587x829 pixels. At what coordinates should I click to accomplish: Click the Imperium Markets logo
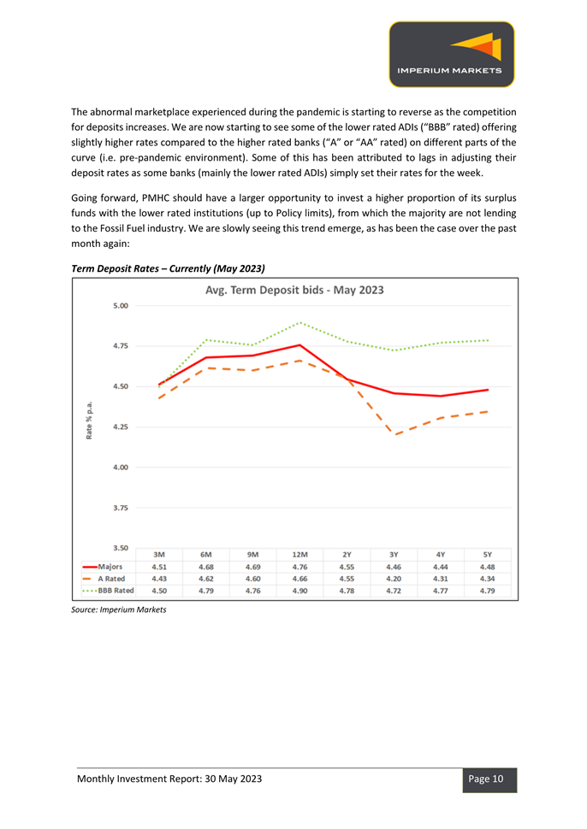452,54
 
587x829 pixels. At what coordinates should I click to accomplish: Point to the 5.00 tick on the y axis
121,306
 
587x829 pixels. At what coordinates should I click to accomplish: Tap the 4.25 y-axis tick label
121,426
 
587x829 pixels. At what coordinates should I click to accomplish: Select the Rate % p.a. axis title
89,420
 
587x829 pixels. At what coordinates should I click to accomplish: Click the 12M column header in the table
299,555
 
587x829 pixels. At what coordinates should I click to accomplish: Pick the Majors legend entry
103,567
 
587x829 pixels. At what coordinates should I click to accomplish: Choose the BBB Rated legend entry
109,591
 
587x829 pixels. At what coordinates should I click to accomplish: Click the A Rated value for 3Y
394,579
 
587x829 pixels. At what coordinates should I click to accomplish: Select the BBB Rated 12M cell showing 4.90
299,591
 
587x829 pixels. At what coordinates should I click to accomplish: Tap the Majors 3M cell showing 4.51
159,567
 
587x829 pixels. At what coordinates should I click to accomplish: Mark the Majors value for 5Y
488,567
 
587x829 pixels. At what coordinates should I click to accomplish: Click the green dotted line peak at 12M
300,322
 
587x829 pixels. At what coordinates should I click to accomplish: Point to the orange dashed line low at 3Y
394,435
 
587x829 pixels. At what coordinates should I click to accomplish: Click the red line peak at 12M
300,345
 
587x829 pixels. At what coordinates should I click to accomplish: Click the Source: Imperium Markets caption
119,609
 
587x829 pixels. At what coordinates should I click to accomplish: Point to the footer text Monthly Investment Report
139,779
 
